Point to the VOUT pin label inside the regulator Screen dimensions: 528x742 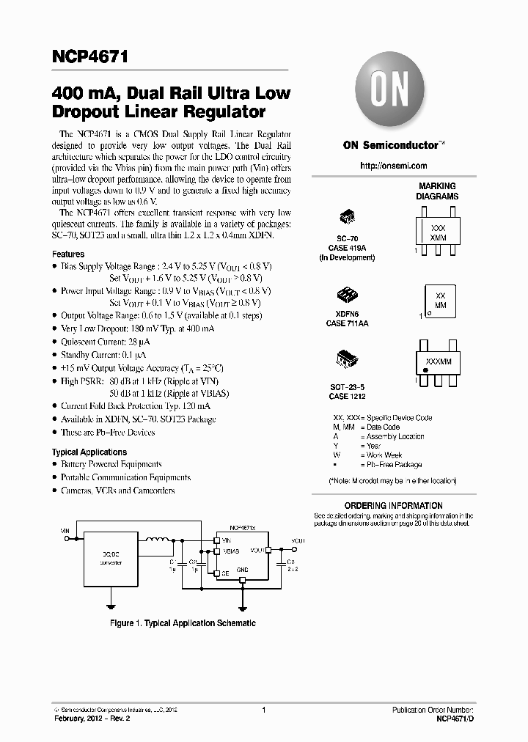[x=257, y=549]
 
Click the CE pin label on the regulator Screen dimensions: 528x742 [x=225, y=573]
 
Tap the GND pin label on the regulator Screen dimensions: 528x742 [x=242, y=568]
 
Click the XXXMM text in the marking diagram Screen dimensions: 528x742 [x=438, y=362]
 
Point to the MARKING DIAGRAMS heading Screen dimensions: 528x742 [x=437, y=191]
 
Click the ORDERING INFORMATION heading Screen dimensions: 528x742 [x=394, y=505]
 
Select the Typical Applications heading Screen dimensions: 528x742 [x=89, y=452]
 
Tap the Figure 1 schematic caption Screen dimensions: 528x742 [x=183, y=622]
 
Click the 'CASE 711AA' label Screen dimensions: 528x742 [x=348, y=323]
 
